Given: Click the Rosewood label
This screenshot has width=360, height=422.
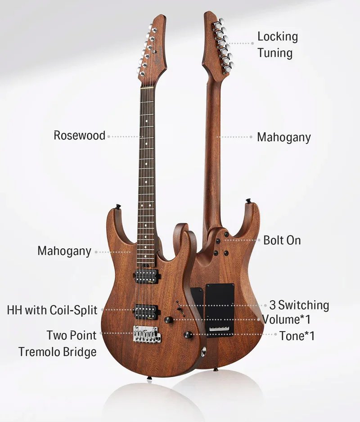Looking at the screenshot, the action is pyautogui.click(x=80, y=135).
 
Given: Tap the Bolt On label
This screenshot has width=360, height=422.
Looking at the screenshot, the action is pyautogui.click(x=282, y=240).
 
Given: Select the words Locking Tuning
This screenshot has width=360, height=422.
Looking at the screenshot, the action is pyautogui.click(x=278, y=45).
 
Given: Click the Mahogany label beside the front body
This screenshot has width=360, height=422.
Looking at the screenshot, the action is pyautogui.click(x=64, y=251).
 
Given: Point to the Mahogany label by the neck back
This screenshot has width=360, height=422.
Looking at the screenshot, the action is pyautogui.click(x=284, y=137).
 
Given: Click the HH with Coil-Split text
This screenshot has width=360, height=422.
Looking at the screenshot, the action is pyautogui.click(x=52, y=310).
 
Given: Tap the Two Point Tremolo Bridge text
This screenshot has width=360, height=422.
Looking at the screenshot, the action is pyautogui.click(x=57, y=344).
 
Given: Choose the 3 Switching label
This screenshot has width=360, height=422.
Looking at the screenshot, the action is pyautogui.click(x=299, y=305).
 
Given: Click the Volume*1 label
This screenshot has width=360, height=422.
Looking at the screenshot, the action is pyautogui.click(x=287, y=319).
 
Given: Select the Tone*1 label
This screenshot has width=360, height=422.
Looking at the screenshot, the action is pyautogui.click(x=297, y=336).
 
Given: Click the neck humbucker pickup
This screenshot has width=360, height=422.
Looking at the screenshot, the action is pyautogui.click(x=147, y=276).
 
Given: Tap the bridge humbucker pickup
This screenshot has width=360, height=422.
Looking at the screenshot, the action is pyautogui.click(x=147, y=312).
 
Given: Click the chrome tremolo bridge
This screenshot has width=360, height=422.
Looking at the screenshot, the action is pyautogui.click(x=147, y=334).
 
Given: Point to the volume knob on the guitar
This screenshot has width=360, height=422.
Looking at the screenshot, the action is pyautogui.click(x=169, y=319).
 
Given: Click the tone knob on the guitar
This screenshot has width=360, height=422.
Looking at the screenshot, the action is pyautogui.click(x=188, y=335).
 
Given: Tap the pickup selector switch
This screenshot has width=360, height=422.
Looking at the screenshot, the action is pyautogui.click(x=180, y=308).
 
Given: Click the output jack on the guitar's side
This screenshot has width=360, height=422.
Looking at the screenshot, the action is pyautogui.click(x=204, y=350).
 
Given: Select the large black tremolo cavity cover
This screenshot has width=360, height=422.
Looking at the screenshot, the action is pyautogui.click(x=220, y=310).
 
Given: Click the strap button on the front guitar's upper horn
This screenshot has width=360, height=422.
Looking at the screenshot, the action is pyautogui.click(x=117, y=207).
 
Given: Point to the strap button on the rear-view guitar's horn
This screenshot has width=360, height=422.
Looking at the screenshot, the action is pyautogui.click(x=248, y=201).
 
